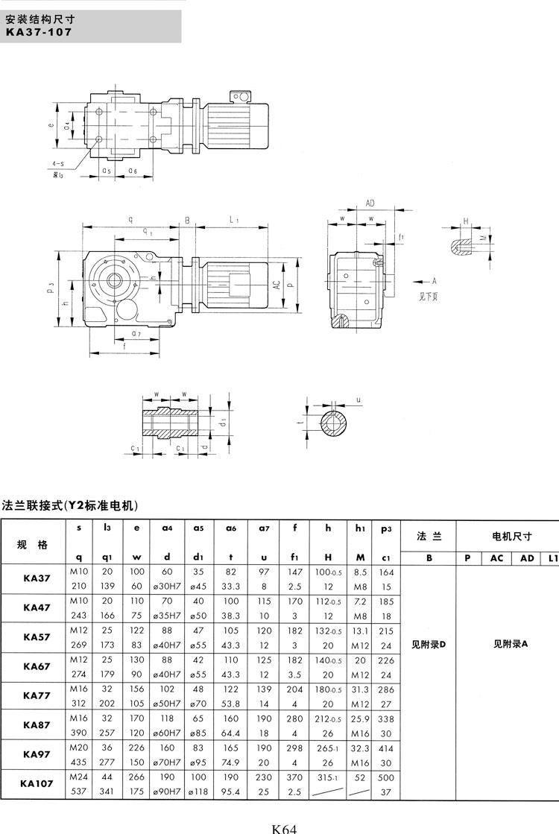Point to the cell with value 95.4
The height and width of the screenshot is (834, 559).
point(230,791)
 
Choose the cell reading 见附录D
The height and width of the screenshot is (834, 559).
point(428,644)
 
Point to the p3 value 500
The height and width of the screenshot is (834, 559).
point(385,777)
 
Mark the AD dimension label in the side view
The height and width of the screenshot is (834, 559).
point(370,203)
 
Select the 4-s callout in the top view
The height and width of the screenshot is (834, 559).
point(57,162)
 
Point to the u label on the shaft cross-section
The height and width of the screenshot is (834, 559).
point(359,400)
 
